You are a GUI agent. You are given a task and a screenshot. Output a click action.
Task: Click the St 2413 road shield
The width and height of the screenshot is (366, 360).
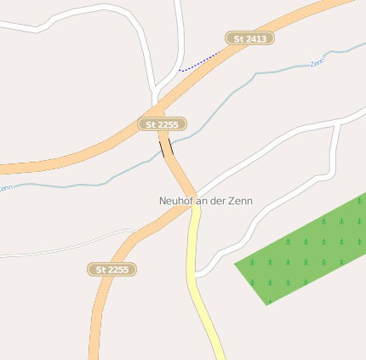[x=249, y=38]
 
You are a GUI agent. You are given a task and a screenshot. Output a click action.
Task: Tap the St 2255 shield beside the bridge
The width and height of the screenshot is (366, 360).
[x=162, y=124]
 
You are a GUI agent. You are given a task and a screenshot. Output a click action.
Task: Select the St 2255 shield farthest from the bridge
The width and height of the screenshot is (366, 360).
[x=112, y=269]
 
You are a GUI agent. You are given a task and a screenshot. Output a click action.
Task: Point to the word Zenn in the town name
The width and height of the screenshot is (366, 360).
[x=240, y=202]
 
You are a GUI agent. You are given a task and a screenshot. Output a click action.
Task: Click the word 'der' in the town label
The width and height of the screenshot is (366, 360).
[x=216, y=202]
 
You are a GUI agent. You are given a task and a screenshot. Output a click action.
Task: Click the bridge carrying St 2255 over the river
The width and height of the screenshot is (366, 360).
[x=166, y=148]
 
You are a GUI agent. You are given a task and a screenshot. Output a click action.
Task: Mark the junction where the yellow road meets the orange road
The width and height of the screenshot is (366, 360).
[x=195, y=208]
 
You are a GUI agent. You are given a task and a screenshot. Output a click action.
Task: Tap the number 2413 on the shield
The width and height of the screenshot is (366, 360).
[x=255, y=38]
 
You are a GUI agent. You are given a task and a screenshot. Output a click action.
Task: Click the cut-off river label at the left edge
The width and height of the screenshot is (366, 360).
[x=5, y=187]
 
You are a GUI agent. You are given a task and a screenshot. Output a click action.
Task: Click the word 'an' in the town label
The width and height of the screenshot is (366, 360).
[x=201, y=202]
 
